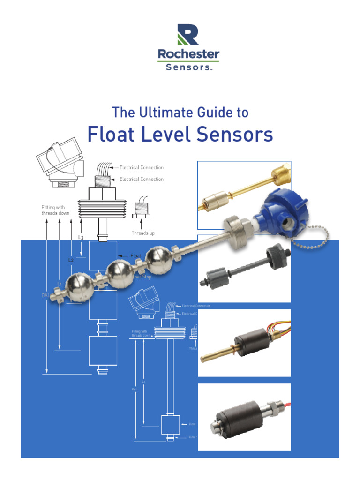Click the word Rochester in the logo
click(x=188, y=54)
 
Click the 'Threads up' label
click(x=143, y=233)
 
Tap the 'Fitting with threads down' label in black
click(x=55, y=210)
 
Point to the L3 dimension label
click(x=81, y=238)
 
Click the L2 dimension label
click(x=71, y=260)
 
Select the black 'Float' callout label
click(x=135, y=255)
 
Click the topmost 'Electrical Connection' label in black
click(x=142, y=167)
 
